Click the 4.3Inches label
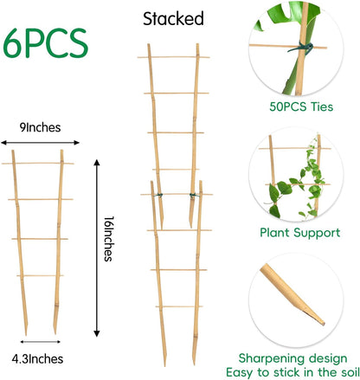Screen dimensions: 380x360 pos(39,357)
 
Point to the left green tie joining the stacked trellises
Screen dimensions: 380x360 pos(159,204)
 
